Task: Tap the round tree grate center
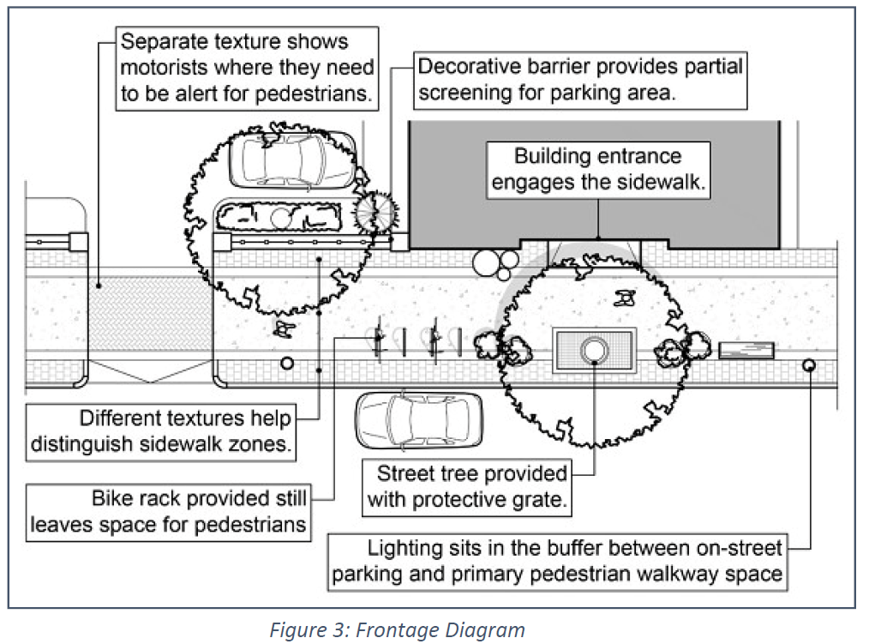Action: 594,350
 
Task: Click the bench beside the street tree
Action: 746,351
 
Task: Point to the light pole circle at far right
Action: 809,366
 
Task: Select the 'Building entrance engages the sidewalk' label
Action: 597,170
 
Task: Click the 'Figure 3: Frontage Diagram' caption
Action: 398,630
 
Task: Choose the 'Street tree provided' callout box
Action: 467,486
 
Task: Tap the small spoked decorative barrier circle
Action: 377,212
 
